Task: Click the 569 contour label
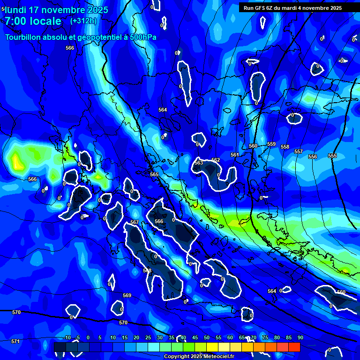127,295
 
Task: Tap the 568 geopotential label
147,270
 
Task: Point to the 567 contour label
135,222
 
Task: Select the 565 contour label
154,174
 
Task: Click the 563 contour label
199,163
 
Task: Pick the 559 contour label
271,144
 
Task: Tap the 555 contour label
332,156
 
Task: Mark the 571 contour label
15,341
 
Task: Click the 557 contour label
299,151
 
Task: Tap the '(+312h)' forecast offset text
83,21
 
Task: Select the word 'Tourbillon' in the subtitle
24,37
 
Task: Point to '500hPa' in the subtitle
142,37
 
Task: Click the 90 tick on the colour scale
300,337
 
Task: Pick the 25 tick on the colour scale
148,337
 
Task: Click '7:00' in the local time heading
16,21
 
